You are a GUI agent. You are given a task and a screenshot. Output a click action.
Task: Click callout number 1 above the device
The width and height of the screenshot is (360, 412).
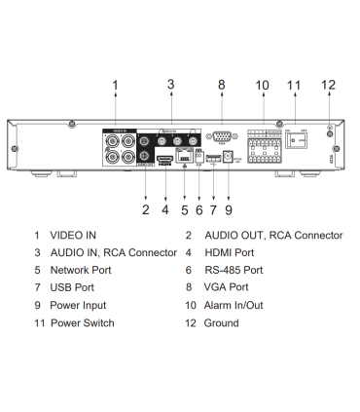115,86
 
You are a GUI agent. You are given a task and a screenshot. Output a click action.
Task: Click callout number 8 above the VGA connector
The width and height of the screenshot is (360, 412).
222,86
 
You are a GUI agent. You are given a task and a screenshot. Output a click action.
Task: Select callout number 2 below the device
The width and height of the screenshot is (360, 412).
146,207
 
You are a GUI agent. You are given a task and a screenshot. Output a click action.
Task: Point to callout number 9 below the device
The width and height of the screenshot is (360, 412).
228,207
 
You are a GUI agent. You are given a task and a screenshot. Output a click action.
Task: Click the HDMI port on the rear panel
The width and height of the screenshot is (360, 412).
164,157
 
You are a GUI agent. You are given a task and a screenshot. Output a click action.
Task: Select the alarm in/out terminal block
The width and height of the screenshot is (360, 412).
263,145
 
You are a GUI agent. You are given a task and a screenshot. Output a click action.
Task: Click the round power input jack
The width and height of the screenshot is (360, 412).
228,156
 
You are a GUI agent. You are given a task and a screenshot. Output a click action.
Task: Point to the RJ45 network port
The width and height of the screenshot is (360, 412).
184,157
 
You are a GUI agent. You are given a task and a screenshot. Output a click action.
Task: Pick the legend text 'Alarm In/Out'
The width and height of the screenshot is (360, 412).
237,305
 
